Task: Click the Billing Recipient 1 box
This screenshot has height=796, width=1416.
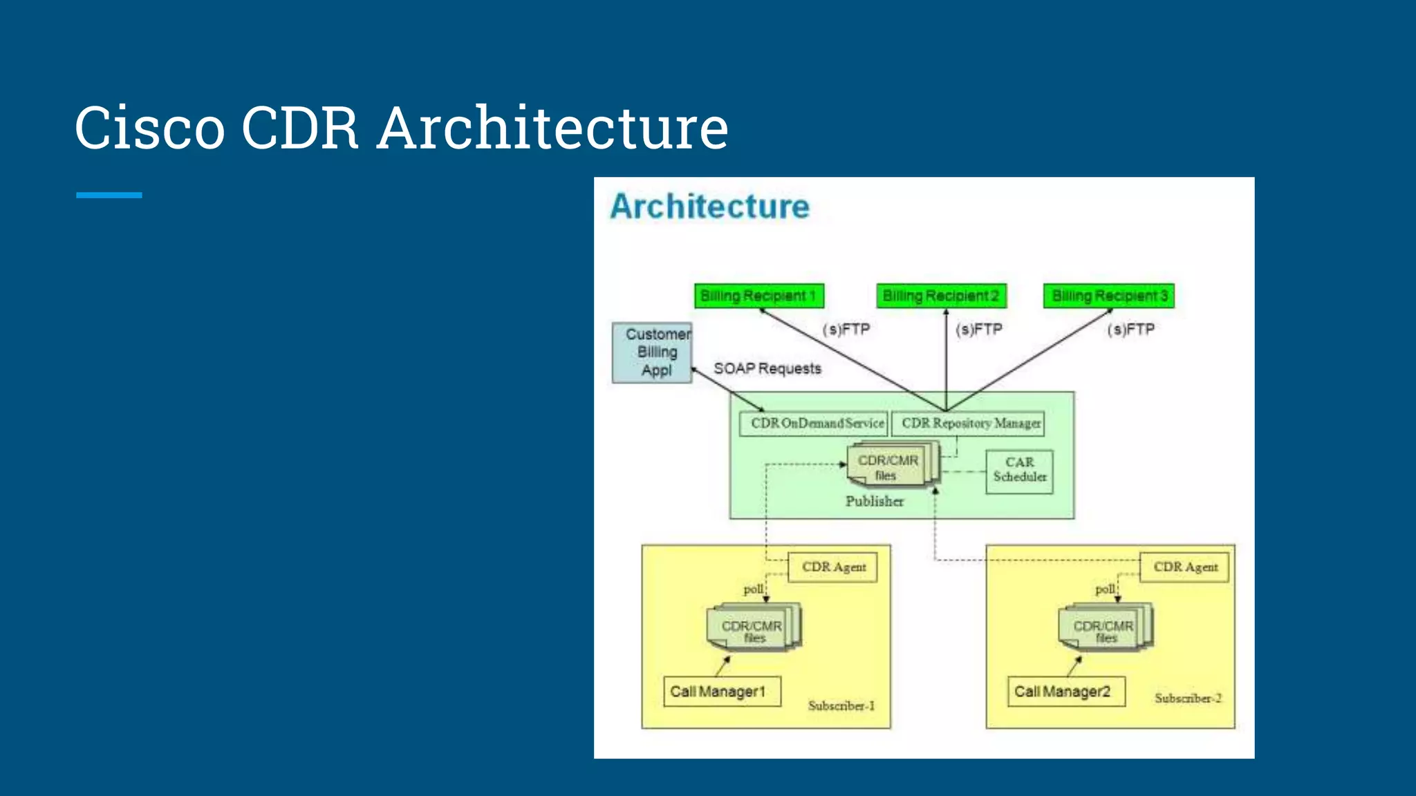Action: [x=758, y=296]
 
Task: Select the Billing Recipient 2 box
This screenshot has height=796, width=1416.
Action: [x=940, y=296]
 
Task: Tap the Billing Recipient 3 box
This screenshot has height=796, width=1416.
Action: [x=1108, y=296]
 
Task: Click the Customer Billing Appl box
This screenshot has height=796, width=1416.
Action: [x=652, y=352]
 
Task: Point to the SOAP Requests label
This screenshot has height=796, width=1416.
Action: [x=767, y=368]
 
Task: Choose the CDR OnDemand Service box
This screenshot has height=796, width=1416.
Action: [x=813, y=423]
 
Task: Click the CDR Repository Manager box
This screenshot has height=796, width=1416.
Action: [x=968, y=423]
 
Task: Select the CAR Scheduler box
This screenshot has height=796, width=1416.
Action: [x=1019, y=471]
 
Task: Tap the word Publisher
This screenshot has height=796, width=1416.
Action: [x=874, y=502]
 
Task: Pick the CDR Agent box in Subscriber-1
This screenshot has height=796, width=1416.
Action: [x=832, y=567]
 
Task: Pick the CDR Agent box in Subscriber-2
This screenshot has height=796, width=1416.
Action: [x=1184, y=567]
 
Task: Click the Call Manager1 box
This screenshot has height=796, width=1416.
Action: [x=720, y=691]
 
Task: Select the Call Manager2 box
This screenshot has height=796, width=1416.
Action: [x=1065, y=691]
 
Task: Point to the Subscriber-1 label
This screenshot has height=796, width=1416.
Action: [x=841, y=705]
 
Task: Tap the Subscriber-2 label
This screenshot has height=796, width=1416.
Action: [x=1187, y=698]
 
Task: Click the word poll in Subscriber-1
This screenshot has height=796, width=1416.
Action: [x=753, y=589]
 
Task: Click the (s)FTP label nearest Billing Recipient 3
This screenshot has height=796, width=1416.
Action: [x=1130, y=330]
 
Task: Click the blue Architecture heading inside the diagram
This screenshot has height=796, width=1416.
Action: [x=709, y=207]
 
